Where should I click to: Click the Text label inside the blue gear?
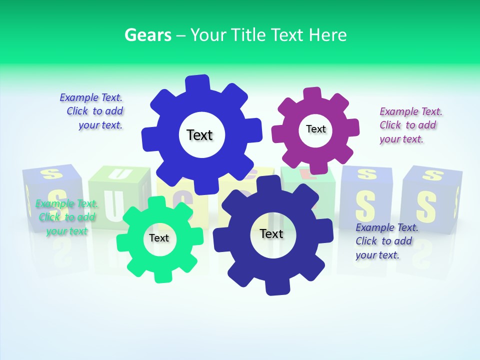coord(199,135)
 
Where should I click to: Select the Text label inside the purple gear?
coord(315,129)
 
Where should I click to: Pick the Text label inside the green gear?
coord(159,238)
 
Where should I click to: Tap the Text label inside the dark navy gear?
coord(271,234)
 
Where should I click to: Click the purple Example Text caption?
coord(410,125)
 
